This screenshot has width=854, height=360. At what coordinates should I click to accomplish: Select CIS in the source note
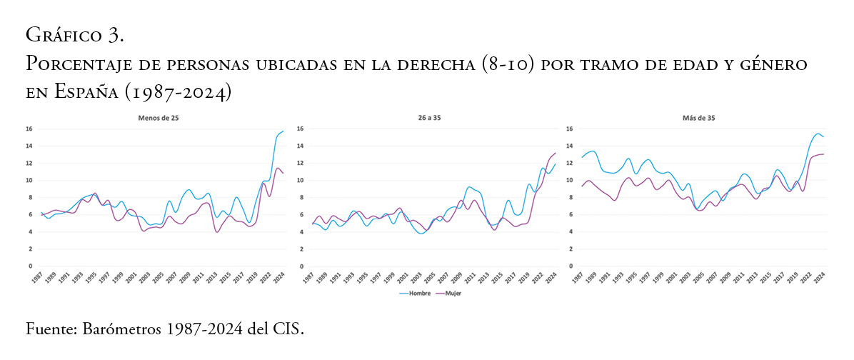click(x=289, y=330)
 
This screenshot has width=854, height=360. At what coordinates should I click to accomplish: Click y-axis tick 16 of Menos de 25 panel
click(x=29, y=129)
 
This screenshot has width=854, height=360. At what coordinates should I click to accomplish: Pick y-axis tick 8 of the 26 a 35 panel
click(x=301, y=197)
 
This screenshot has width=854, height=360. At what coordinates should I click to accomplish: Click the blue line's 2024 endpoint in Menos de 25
click(x=283, y=131)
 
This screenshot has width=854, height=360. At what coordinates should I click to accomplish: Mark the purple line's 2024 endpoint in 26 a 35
click(x=555, y=153)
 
